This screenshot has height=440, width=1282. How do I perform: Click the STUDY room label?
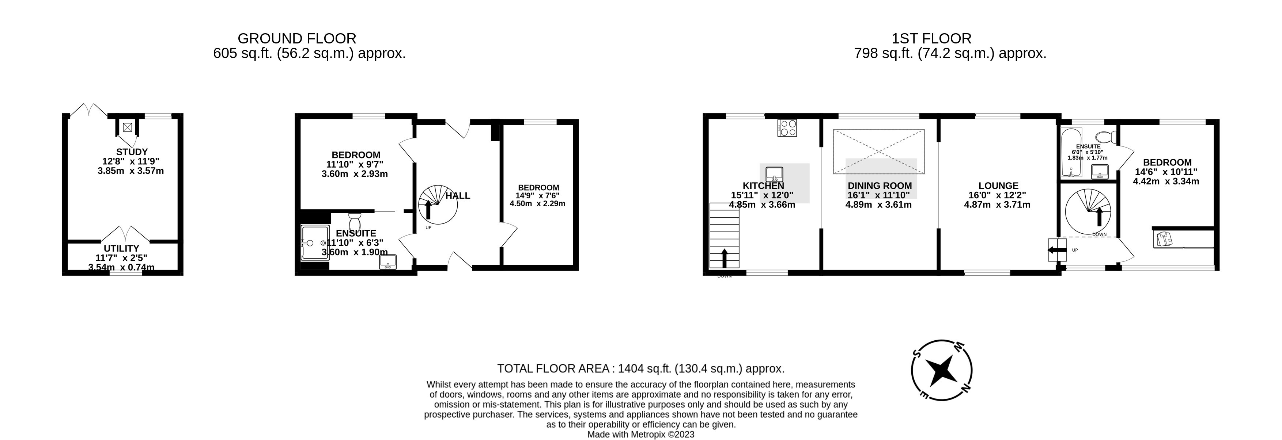[132, 152]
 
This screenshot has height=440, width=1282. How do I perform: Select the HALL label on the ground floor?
[457, 196]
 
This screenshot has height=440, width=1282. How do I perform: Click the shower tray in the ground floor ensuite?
[314, 242]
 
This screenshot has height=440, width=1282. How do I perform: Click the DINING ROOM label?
[880, 186]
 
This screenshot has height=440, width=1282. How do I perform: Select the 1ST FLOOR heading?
[931, 38]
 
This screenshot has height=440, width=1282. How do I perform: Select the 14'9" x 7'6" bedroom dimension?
[537, 196]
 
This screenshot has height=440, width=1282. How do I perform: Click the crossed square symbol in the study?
[128, 128]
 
